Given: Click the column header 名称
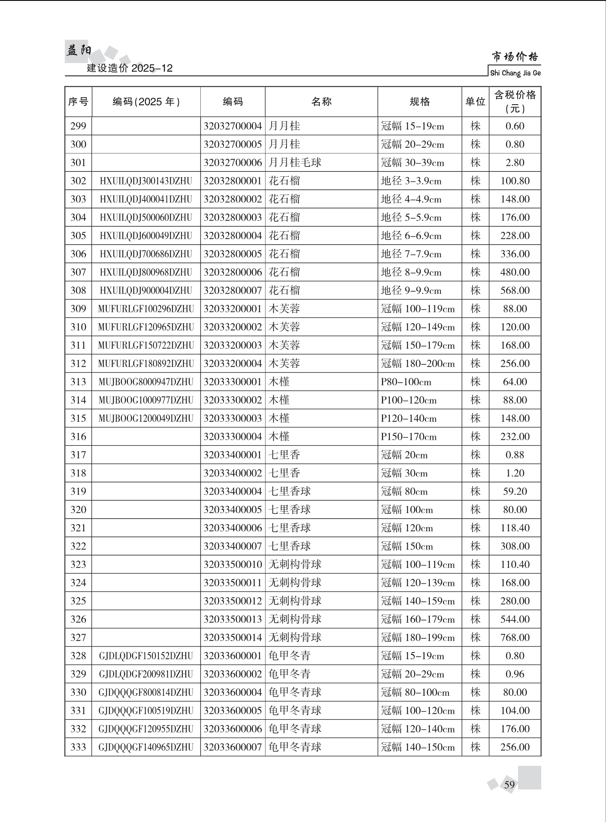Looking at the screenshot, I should (x=321, y=102).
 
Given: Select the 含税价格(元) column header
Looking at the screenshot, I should (x=515, y=102).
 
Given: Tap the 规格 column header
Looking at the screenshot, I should (x=419, y=102).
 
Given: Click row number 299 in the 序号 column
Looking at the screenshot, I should (x=78, y=126).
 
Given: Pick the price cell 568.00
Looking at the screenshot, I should (x=515, y=291).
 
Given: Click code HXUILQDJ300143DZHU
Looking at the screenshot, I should (x=146, y=181).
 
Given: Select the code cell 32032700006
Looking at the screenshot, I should (x=233, y=163).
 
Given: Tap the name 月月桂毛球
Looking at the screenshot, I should (x=295, y=163).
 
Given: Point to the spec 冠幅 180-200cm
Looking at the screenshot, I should (x=417, y=364).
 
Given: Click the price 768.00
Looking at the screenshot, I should (x=515, y=638).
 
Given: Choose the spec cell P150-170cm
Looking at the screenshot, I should (x=408, y=437).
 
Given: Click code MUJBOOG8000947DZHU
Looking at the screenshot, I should (x=146, y=382).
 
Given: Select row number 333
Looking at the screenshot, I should (x=78, y=747).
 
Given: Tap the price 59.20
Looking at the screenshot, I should (x=515, y=491).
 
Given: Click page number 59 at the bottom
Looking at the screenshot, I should (x=509, y=785).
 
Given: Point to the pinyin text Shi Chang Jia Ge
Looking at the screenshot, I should (x=515, y=73).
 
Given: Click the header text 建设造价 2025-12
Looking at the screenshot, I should (x=130, y=68).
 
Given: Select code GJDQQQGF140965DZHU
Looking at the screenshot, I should (x=146, y=747).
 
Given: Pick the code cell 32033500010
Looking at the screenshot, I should (x=233, y=565).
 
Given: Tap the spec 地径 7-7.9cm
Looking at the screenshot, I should (x=411, y=254).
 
